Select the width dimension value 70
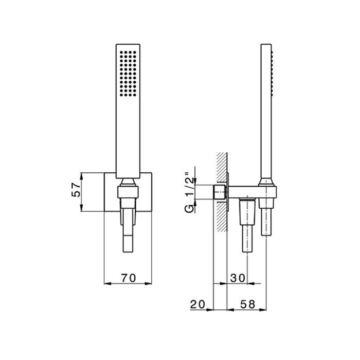[128, 278]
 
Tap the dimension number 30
[238, 278]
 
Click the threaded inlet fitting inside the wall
[219, 193]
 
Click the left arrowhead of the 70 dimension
[106, 283]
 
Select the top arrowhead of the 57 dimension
[83, 175]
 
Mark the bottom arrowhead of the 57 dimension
[83, 210]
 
